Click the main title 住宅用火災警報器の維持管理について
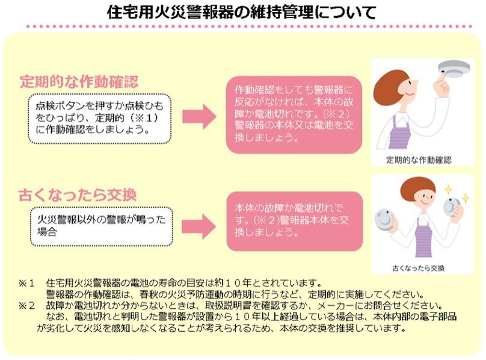tap(241, 13)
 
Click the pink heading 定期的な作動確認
tap(79, 81)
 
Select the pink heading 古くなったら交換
tap(78, 195)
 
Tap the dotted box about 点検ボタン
tap(99, 118)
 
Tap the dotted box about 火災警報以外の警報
tap(102, 226)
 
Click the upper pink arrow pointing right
tap(199, 116)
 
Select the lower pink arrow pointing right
tap(198, 226)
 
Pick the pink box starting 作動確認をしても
tap(294, 114)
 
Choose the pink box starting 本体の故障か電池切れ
tap(295, 221)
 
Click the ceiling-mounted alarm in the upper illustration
tap(454, 69)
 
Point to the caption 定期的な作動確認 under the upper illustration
tap(419, 160)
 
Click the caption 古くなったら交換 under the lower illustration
tap(419, 268)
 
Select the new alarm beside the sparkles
tap(451, 207)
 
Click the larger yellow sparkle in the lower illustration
tap(448, 189)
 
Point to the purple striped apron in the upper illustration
tap(400, 132)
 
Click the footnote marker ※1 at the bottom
tap(26, 283)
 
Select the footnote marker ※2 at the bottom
tap(26, 306)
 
